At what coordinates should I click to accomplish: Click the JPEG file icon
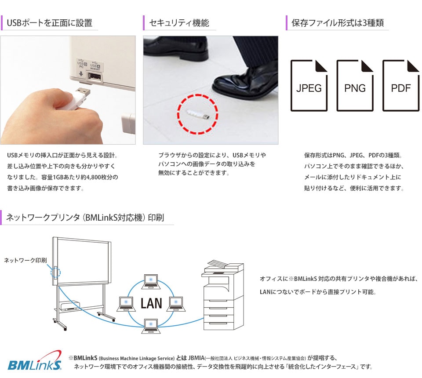point(309,86)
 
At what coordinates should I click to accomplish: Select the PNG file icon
point(355,86)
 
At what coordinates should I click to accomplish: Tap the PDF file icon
point(401,86)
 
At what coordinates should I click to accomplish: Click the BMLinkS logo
point(35,360)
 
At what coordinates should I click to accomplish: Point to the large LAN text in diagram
point(151,303)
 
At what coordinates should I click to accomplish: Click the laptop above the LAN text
point(151,281)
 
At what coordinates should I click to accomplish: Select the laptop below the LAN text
point(151,326)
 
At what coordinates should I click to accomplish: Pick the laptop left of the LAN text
point(126,304)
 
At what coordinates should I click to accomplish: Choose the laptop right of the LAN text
point(176,304)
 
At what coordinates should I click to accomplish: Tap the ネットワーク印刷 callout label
point(25,260)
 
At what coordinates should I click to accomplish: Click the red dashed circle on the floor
point(197,114)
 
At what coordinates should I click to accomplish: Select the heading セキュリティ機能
point(179,23)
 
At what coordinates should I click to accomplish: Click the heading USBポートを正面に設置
point(50,23)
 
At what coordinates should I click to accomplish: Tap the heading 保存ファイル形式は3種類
point(338,23)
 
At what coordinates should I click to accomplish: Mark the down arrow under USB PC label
point(81,73)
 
